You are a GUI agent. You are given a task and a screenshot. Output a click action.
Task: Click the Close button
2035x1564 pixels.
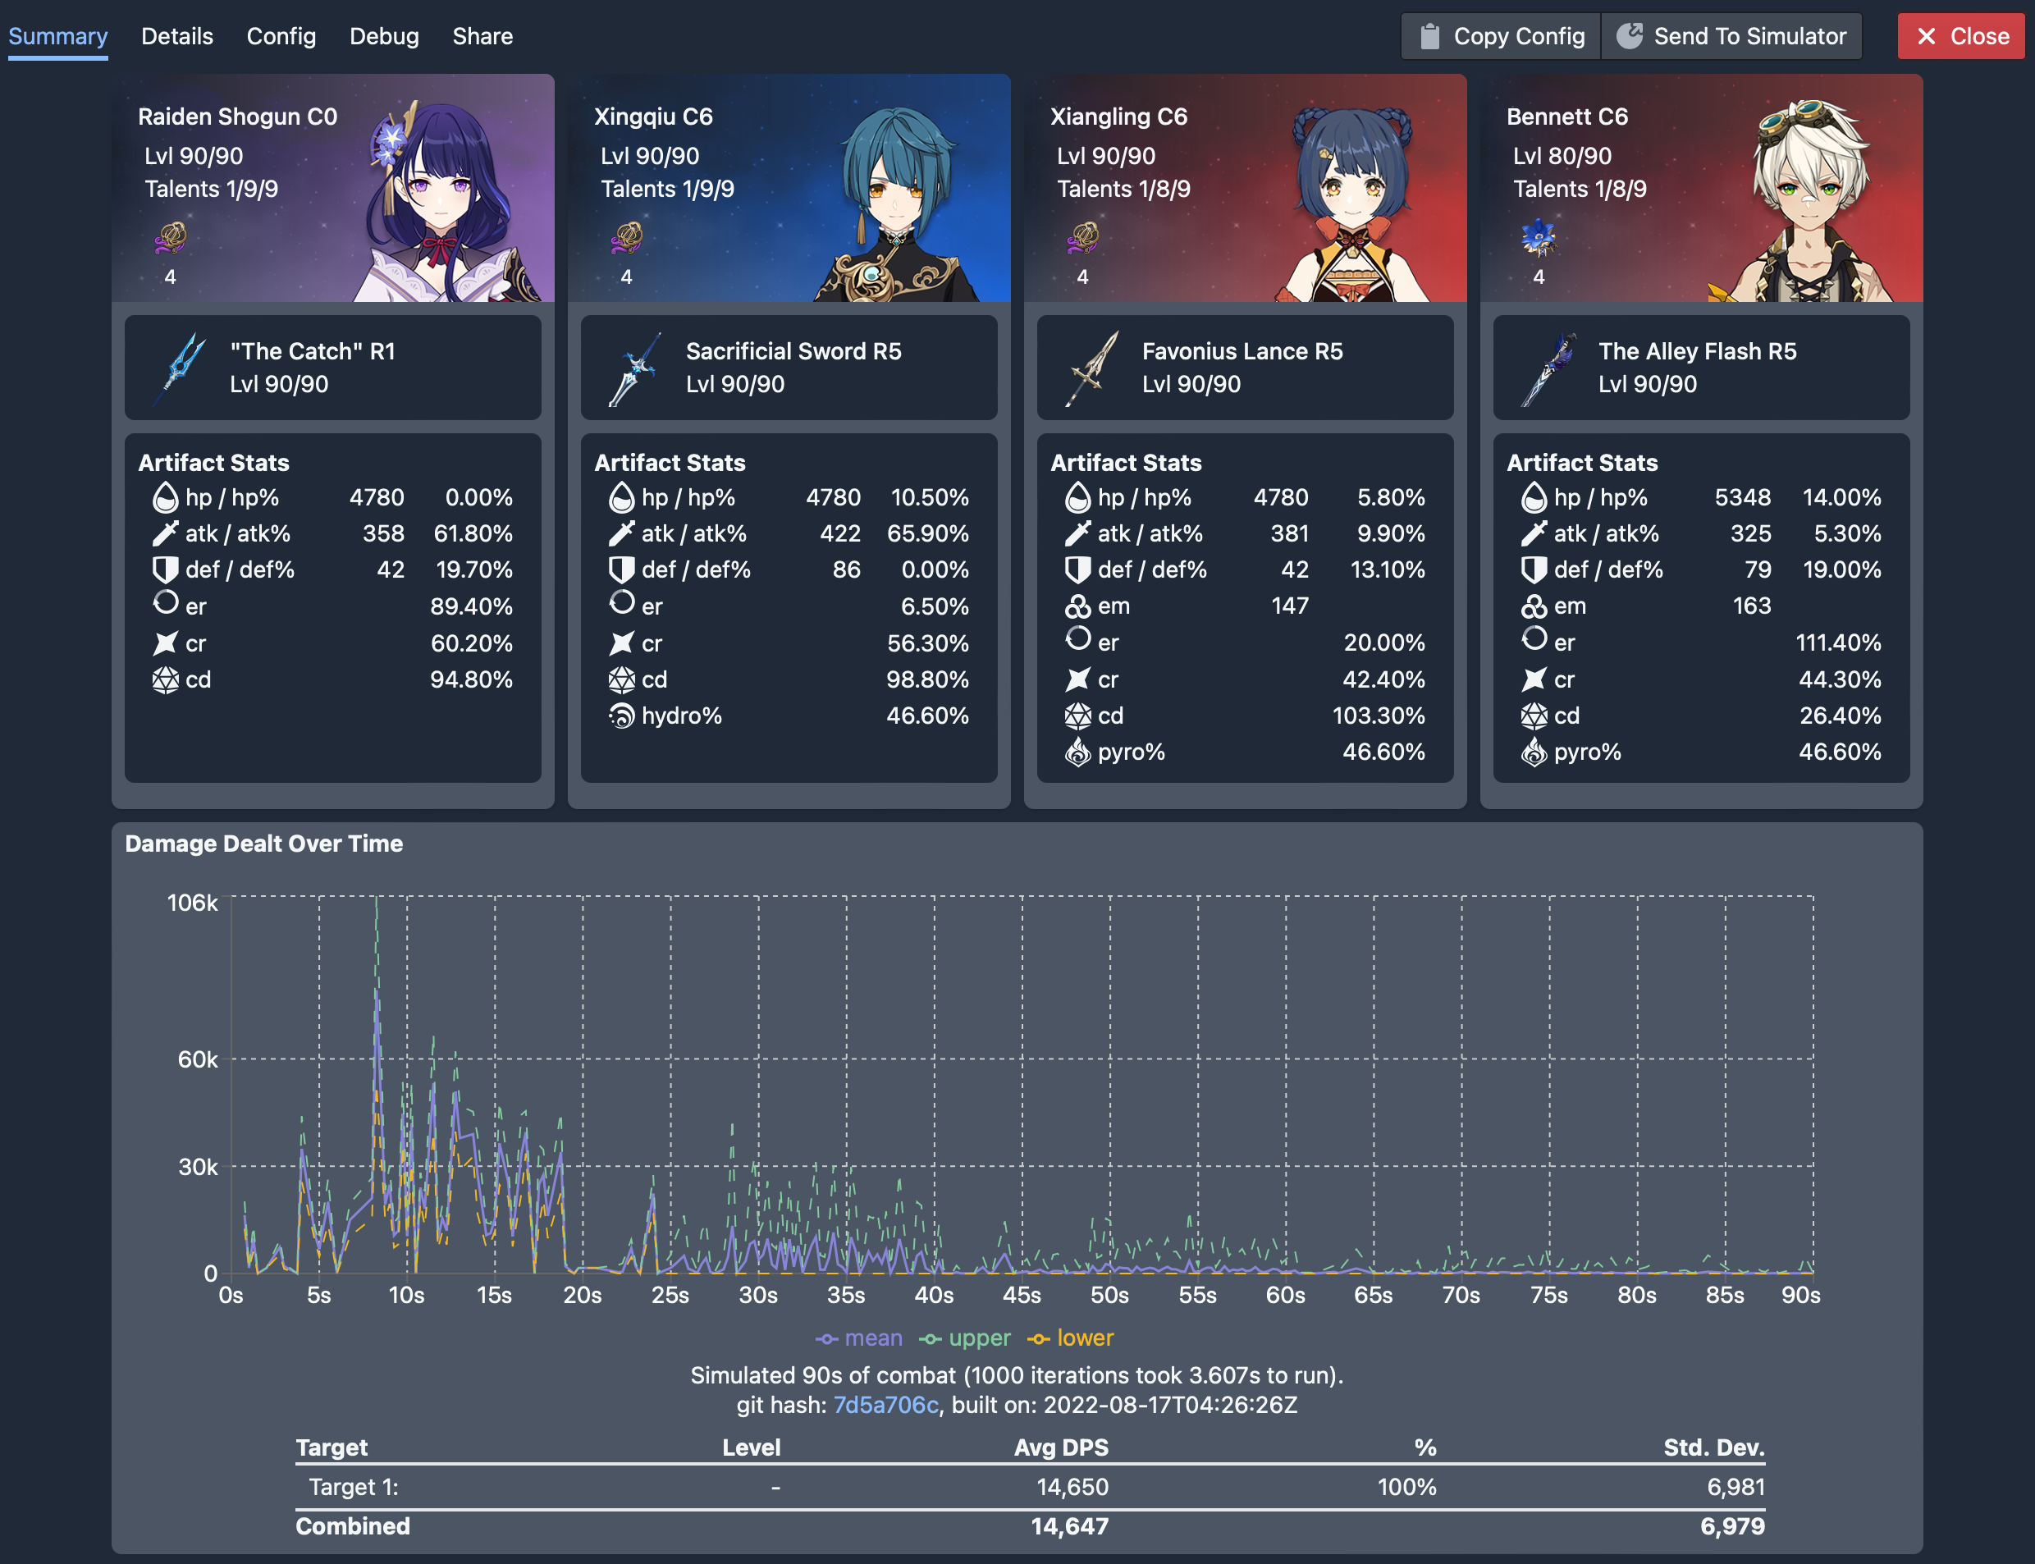(1960, 36)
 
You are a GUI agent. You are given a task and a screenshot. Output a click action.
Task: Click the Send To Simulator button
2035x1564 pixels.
(1731, 36)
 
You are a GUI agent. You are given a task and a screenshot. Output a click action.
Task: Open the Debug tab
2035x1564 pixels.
(383, 36)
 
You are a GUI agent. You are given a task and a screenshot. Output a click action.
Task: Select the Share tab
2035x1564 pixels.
(482, 36)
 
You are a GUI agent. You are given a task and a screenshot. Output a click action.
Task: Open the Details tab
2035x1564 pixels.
(177, 36)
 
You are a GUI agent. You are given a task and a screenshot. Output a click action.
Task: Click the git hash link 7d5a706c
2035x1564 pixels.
(885, 1405)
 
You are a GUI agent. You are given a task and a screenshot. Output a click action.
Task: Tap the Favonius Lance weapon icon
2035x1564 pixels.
(1092, 368)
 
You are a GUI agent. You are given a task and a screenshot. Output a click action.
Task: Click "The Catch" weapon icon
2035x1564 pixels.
(181, 368)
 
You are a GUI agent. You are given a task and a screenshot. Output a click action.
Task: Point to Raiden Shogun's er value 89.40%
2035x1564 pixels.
(471, 606)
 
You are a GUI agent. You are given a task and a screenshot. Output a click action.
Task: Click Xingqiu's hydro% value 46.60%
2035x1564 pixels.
(927, 716)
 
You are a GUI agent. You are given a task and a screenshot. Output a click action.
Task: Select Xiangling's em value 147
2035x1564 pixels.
(1289, 606)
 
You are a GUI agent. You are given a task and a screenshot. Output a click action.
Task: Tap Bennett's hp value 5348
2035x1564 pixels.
(1742, 497)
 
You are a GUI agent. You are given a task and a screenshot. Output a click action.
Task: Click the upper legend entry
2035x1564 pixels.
(965, 1338)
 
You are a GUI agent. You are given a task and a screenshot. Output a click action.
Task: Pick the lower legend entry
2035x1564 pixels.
(1072, 1338)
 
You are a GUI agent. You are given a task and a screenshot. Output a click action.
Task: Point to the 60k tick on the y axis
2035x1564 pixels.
(198, 1059)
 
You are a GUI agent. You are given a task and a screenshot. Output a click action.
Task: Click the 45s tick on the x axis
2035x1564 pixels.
(1022, 1295)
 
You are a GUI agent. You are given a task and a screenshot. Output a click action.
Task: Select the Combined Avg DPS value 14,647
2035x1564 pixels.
(1070, 1525)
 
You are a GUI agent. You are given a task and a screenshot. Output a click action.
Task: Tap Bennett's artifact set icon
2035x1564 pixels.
(1538, 238)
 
